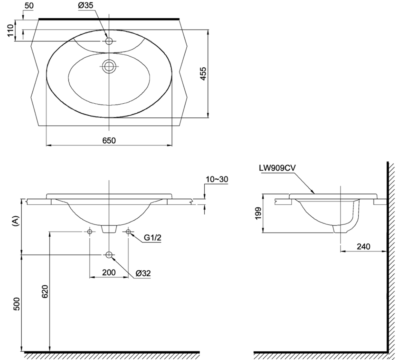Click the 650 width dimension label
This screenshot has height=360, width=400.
(x=109, y=140)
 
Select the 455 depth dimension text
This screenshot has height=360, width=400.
(x=203, y=74)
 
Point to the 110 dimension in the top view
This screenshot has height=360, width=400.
(x=10, y=30)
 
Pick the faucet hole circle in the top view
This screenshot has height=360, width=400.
(x=109, y=41)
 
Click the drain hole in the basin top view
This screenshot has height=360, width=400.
(x=109, y=66)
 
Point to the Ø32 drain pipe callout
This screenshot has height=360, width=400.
(x=143, y=273)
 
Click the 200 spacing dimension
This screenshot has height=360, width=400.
(x=109, y=272)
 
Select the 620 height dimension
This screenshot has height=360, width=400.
(x=44, y=294)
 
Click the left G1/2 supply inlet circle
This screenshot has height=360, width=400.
(x=90, y=231)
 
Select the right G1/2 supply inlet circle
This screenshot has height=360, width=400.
(x=128, y=231)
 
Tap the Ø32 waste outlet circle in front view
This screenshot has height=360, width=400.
(x=109, y=255)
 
